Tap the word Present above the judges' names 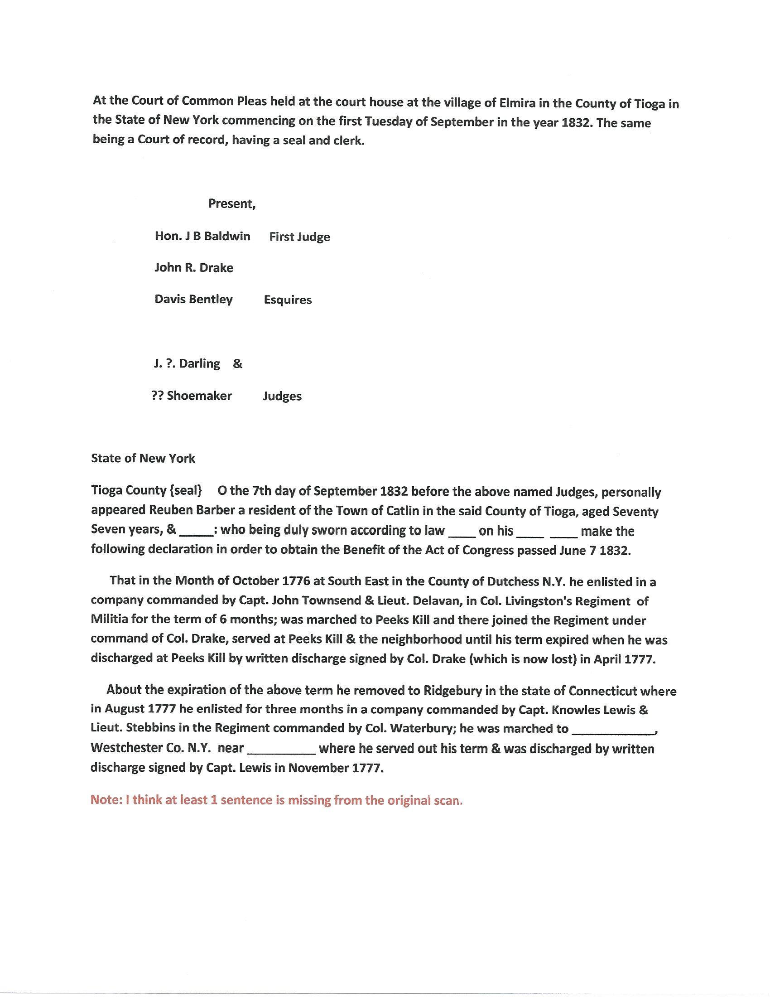pos(231,203)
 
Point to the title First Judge pos(300,237)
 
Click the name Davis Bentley pos(193,300)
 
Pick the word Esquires pos(288,300)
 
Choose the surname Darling pos(199,364)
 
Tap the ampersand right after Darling pos(238,364)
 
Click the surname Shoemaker pos(199,396)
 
